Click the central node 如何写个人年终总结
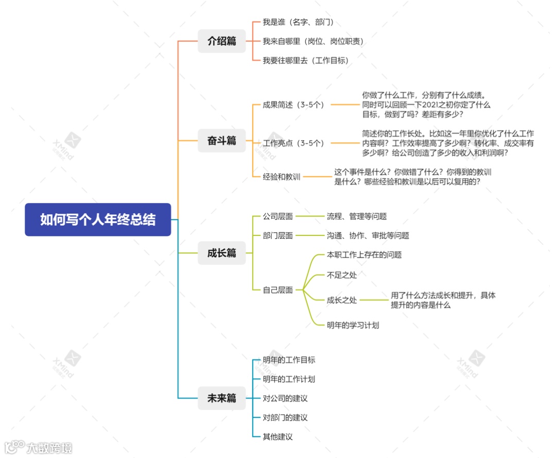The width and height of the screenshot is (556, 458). [x=98, y=219]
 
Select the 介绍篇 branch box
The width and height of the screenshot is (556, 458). [x=222, y=41]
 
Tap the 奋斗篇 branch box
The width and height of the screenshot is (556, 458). [x=222, y=140]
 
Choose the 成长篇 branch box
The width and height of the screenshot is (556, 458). [x=222, y=253]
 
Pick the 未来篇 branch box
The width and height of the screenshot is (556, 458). [x=222, y=398]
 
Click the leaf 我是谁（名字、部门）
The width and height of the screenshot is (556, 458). [x=298, y=22]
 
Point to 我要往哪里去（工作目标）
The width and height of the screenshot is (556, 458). [x=306, y=60]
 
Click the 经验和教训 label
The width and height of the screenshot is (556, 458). [x=282, y=177]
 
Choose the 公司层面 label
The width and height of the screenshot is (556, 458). [x=278, y=216]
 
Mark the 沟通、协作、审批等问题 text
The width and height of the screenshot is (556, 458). [x=368, y=235]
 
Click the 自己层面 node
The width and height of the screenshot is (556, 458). [x=278, y=290]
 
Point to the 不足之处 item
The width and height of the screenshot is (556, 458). [x=342, y=275]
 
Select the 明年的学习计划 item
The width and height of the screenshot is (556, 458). [x=353, y=325]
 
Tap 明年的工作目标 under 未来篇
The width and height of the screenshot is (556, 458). [x=289, y=360]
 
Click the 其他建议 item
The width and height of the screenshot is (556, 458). [x=278, y=436]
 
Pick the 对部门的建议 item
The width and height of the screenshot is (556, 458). [x=285, y=417]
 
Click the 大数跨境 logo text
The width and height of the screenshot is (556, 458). [x=50, y=447]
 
